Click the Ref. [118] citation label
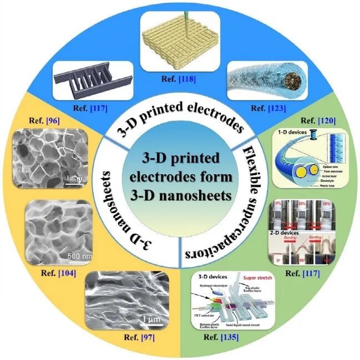[181, 79]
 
